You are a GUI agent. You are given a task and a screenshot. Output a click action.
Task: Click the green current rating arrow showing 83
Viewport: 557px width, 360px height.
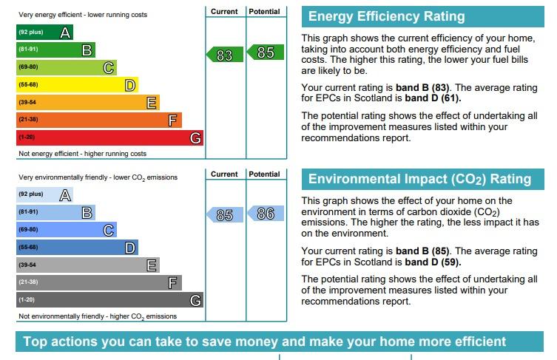[x=225, y=54]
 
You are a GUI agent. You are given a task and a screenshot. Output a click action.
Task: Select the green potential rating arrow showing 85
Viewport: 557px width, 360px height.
[x=266, y=52]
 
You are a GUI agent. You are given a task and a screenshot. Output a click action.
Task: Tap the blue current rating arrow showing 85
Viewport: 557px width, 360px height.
[x=225, y=215]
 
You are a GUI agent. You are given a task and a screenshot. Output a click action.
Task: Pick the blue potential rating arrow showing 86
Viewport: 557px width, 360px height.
[x=266, y=214]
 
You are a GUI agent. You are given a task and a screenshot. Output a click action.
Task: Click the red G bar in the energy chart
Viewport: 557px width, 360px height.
[x=109, y=137]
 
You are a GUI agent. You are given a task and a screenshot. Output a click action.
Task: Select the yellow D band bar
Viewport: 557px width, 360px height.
[x=77, y=85]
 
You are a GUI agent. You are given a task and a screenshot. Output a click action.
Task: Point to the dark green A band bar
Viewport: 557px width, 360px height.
[x=45, y=32]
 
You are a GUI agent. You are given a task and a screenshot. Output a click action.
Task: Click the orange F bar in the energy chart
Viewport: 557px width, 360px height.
[x=99, y=120]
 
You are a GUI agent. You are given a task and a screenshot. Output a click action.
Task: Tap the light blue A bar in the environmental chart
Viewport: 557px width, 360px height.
[x=45, y=194]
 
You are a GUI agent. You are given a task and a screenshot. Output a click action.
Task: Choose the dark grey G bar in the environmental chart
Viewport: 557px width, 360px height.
[x=109, y=299]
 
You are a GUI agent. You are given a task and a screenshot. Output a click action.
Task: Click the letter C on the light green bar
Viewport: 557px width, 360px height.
[x=109, y=68]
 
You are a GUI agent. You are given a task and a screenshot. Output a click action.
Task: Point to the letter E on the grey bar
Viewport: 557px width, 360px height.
[x=152, y=265]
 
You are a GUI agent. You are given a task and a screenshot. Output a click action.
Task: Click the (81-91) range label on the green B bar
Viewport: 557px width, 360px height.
[x=28, y=49]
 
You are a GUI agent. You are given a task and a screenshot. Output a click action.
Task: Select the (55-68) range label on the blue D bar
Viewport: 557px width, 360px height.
[x=28, y=247]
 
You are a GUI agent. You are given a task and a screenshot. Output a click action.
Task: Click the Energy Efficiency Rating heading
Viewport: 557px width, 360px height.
[x=386, y=16]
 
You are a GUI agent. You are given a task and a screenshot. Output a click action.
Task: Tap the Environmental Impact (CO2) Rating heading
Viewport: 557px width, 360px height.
[x=419, y=180]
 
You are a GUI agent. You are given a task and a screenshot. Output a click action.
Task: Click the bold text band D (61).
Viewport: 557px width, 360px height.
[x=433, y=98]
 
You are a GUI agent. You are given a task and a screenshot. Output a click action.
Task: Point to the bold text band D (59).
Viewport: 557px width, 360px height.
[x=433, y=262]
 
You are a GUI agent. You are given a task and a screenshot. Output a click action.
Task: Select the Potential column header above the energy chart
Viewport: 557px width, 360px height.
[x=264, y=11]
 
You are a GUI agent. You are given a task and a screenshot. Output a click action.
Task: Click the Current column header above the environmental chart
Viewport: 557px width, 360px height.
[x=224, y=174]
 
